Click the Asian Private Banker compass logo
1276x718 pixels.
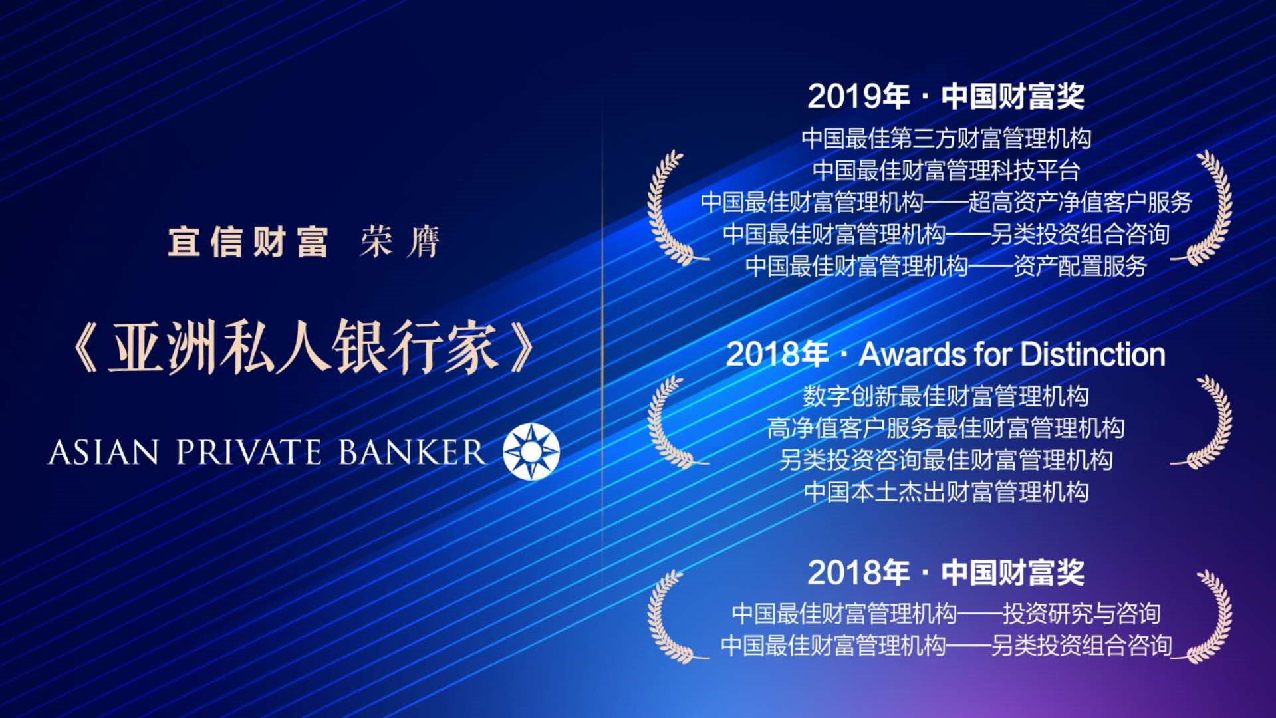[531, 451]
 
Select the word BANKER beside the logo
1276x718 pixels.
[412, 452]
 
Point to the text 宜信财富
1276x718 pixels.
[248, 241]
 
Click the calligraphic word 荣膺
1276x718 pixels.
[400, 241]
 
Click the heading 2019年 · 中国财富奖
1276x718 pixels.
[946, 97]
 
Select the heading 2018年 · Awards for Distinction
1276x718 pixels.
[946, 354]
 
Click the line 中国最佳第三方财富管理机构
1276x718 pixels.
[946, 138]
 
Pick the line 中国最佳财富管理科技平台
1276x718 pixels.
[946, 170]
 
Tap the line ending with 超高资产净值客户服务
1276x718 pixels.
[946, 202]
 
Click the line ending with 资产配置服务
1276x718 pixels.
[946, 266]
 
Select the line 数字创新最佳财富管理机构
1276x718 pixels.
[946, 396]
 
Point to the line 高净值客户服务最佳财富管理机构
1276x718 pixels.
[946, 428]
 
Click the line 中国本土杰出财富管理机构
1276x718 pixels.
[946, 492]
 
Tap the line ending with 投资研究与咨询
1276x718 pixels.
[946, 613]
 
